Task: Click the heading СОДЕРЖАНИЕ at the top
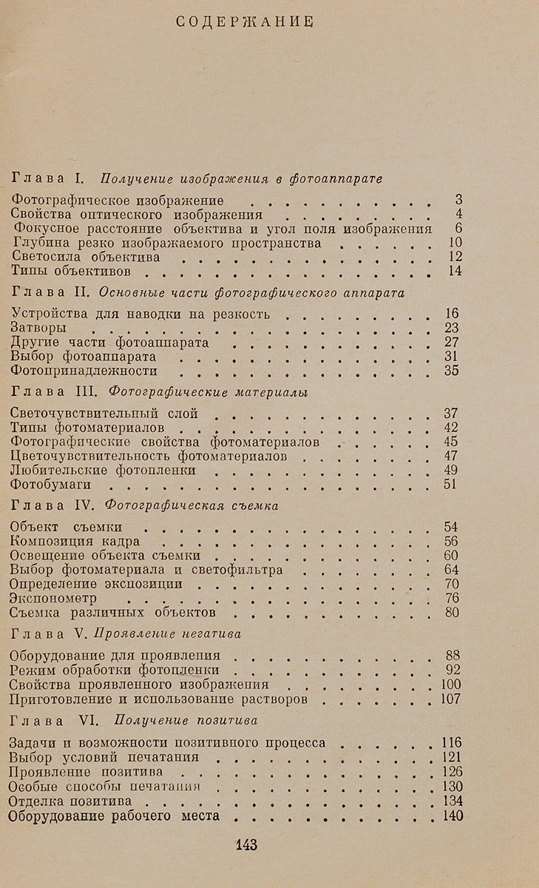point(246,21)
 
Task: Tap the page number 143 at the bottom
point(245,845)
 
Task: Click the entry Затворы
point(41,328)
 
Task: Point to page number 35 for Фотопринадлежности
point(452,371)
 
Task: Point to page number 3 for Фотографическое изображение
point(458,200)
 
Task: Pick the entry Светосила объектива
point(87,257)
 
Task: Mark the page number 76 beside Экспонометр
point(452,599)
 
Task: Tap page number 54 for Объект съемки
point(452,527)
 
